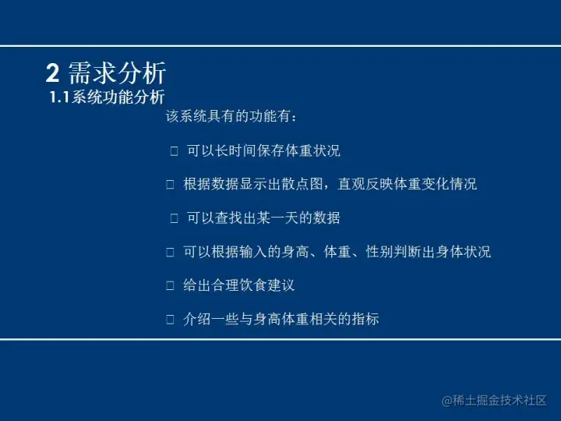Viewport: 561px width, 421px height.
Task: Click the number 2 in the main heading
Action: click(x=52, y=74)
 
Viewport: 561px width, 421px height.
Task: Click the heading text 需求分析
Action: click(x=118, y=74)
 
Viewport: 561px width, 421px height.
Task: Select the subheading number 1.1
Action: click(x=59, y=98)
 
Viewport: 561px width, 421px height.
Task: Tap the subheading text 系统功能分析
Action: click(x=118, y=98)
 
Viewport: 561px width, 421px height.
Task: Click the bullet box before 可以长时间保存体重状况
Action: click(x=175, y=151)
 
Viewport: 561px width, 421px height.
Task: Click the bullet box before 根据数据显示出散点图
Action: click(x=171, y=185)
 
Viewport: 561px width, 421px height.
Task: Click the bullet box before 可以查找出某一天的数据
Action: click(x=175, y=218)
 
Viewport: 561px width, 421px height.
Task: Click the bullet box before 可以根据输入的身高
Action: click(x=171, y=253)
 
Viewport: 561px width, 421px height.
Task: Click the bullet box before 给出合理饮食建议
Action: click(x=171, y=286)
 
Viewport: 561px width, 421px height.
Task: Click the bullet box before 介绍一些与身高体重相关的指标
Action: click(x=171, y=320)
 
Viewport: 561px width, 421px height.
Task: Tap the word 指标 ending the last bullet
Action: click(x=365, y=320)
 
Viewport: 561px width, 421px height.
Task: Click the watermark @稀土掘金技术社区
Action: click(x=494, y=400)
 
